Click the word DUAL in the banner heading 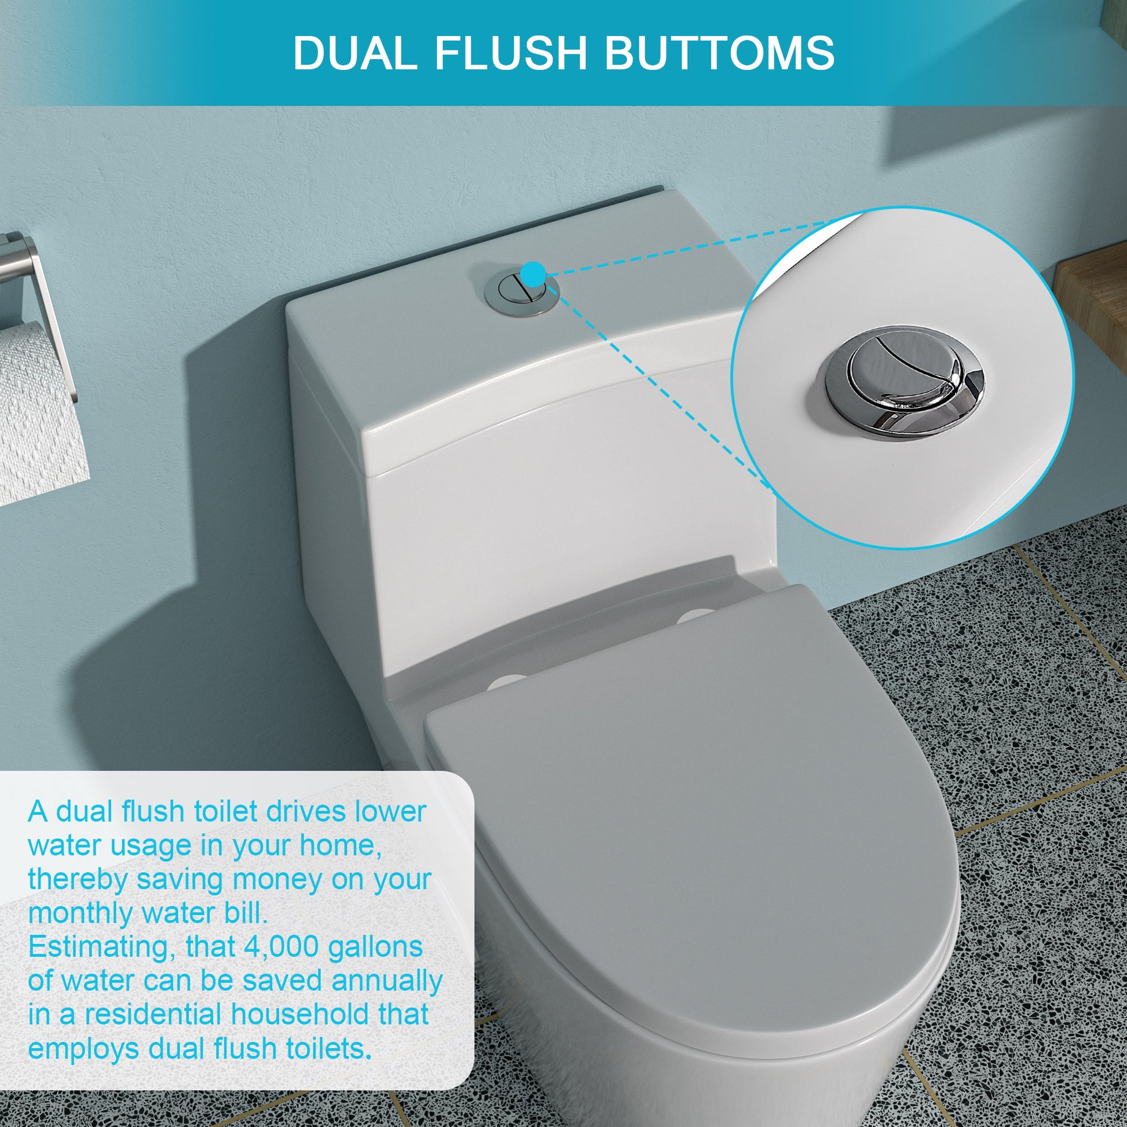pos(354,53)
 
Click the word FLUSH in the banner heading pos(510,53)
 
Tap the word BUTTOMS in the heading pos(719,53)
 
